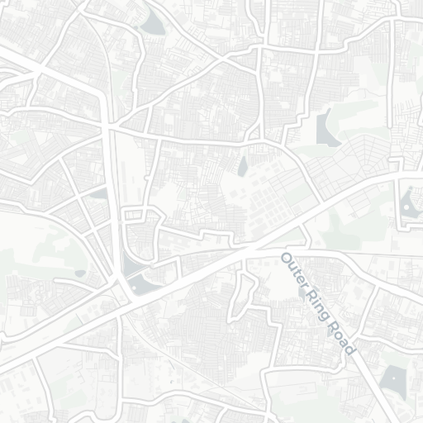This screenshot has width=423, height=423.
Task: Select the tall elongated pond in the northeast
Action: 326,128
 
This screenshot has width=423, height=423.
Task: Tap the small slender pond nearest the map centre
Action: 242,168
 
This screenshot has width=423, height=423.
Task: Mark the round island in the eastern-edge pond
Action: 408,197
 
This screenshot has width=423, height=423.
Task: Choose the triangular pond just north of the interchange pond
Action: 99,193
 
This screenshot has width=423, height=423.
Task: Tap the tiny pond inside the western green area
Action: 80,272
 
